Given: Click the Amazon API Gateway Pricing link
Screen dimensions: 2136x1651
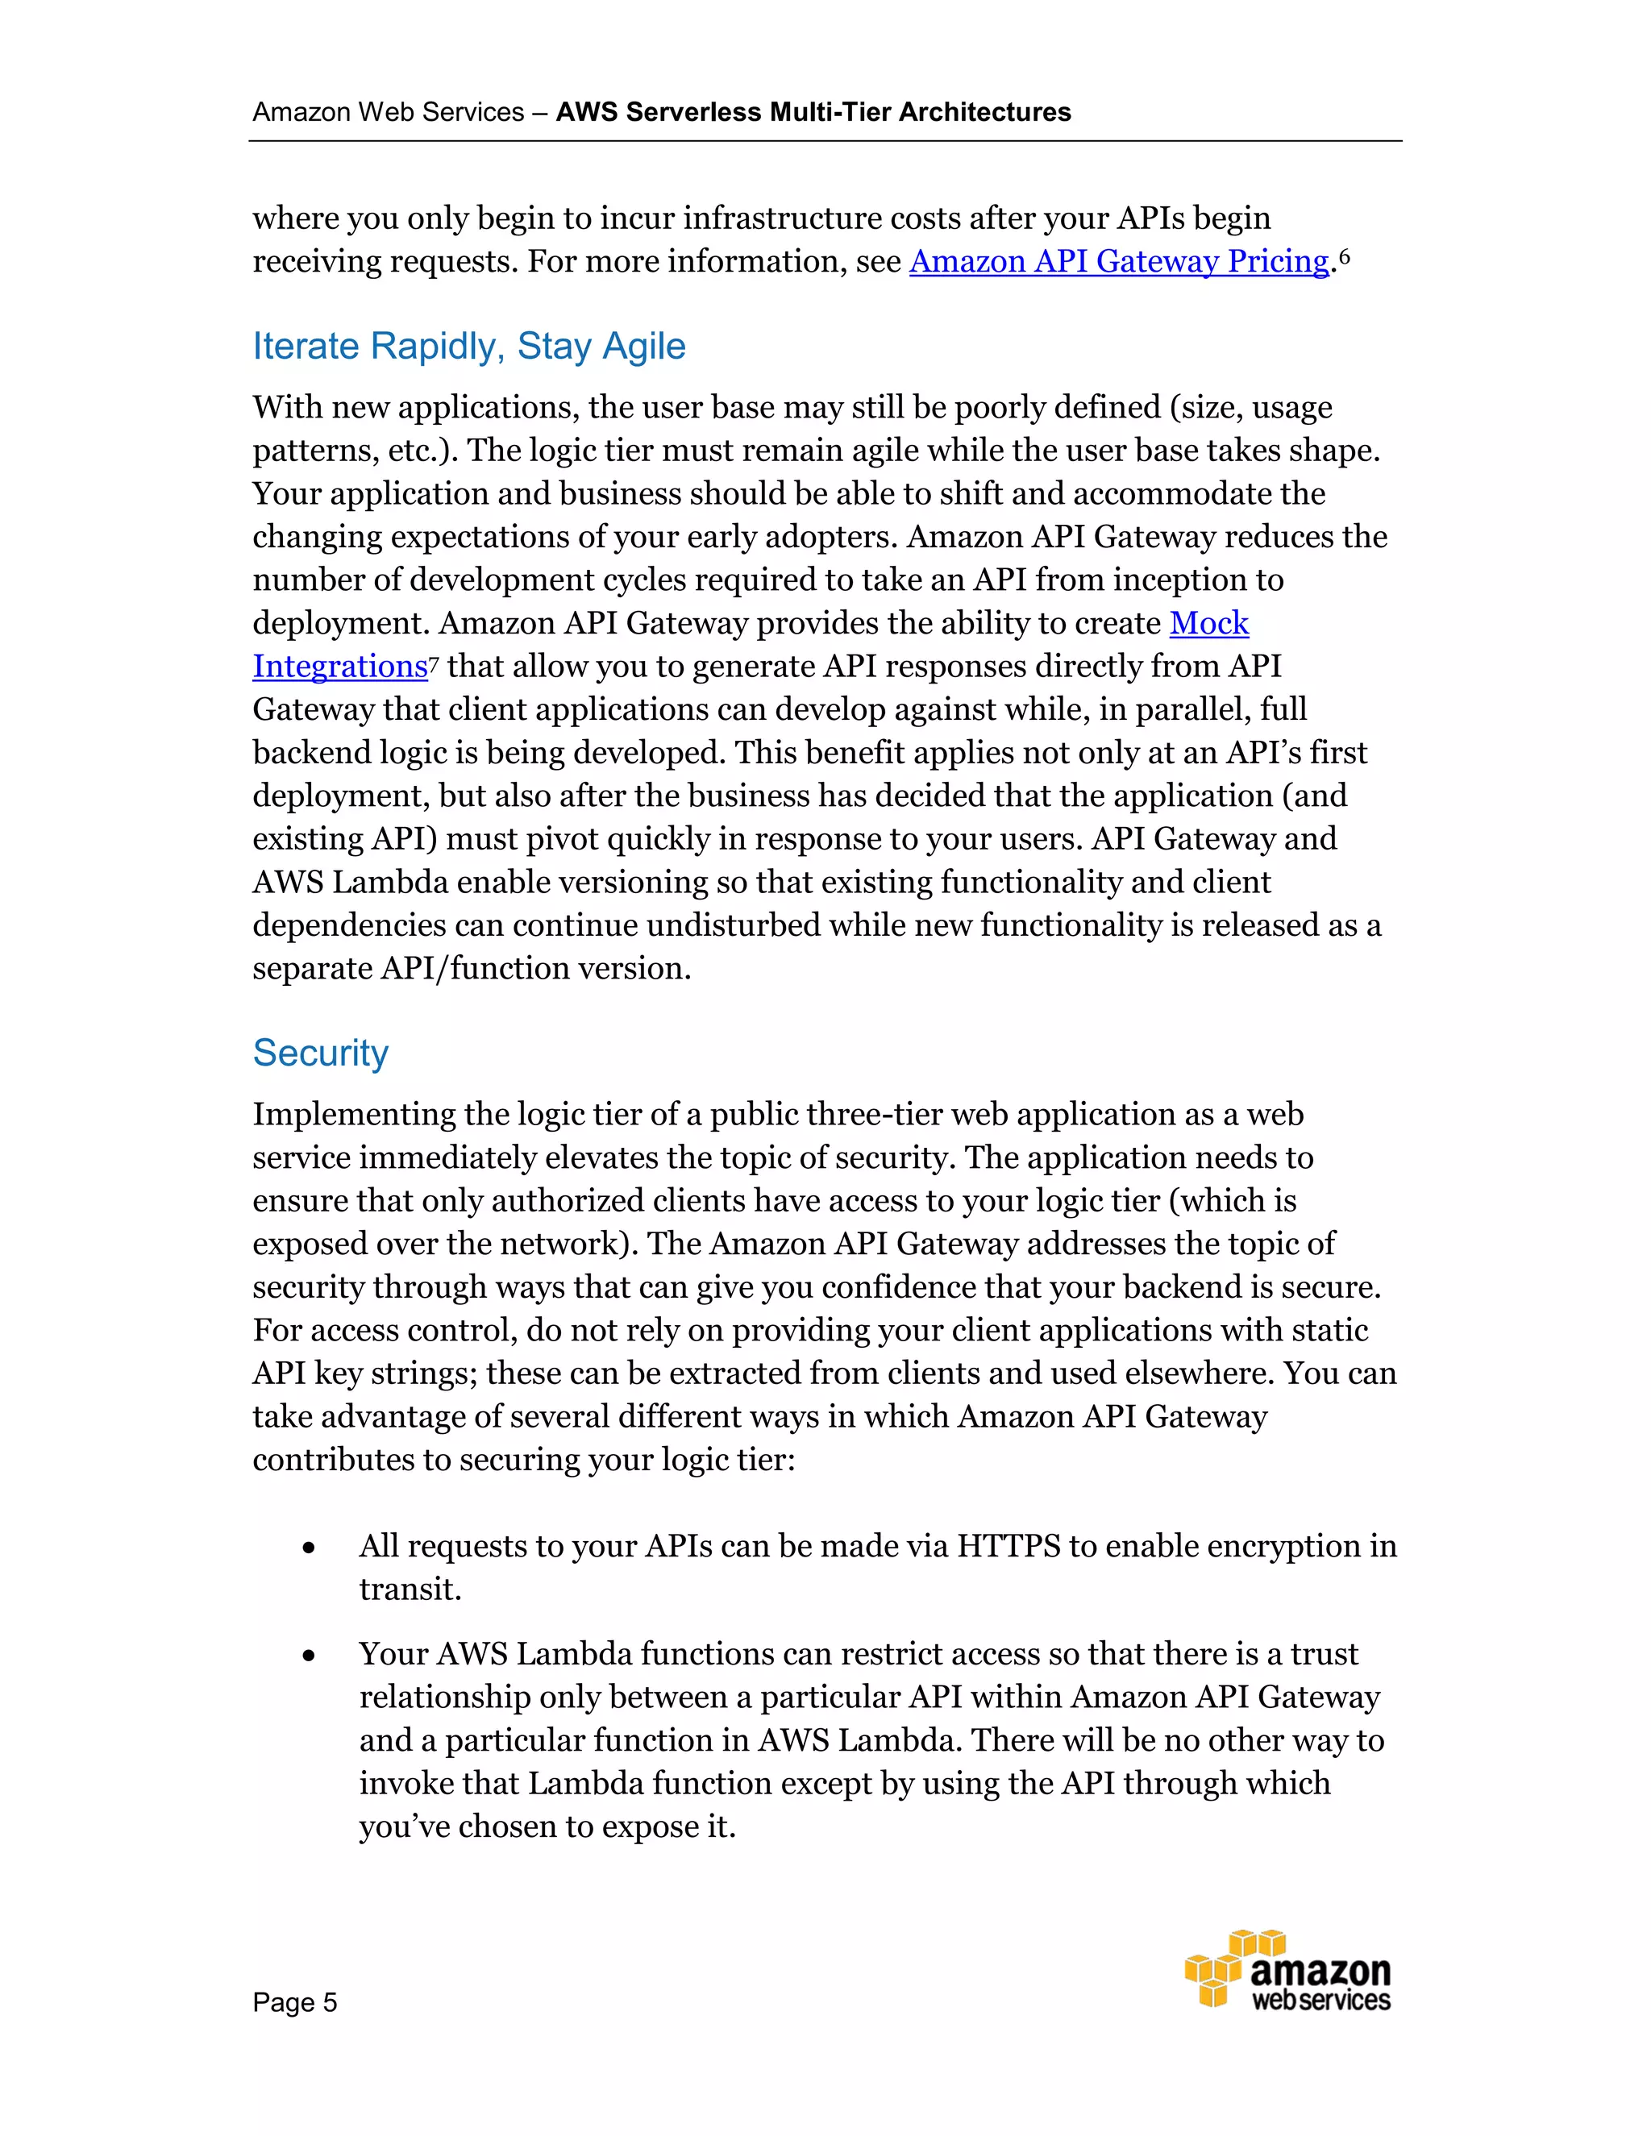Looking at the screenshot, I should point(1119,262).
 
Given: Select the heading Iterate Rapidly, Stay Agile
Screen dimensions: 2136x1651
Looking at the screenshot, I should point(468,347).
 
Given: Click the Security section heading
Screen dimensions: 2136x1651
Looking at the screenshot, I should point(320,1053).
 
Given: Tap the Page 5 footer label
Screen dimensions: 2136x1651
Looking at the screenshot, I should point(294,2002).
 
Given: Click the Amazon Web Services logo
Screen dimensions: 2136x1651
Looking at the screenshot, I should point(1287,1971).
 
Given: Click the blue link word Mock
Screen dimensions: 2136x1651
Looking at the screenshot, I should point(1209,623).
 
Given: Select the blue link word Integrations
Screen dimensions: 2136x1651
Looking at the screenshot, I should point(339,667).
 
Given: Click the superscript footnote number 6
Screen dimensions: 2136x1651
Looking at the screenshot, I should point(1344,256).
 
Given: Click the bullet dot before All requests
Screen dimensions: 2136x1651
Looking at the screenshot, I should point(309,1548).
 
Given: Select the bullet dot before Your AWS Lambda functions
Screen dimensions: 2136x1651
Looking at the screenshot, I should point(309,1656).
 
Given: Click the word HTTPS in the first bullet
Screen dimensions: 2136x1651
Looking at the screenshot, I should point(1008,1546).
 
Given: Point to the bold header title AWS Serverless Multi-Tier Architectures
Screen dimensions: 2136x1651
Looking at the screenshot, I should point(813,113).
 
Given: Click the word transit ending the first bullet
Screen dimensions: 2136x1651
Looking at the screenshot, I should point(409,1590).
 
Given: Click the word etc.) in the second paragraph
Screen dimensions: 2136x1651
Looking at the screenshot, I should point(422,451).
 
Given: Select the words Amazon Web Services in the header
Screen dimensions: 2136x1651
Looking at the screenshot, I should point(389,113).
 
